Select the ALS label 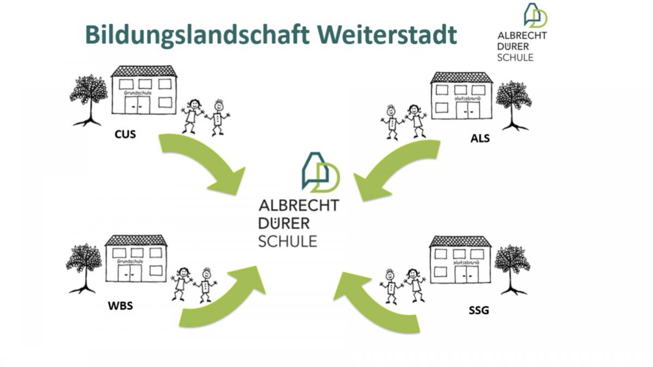coord(480,138)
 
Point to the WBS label coord(120,306)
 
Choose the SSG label coord(479,310)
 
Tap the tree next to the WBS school coord(84,267)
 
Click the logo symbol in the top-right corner coord(534,15)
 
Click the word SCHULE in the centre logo coord(287,240)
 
